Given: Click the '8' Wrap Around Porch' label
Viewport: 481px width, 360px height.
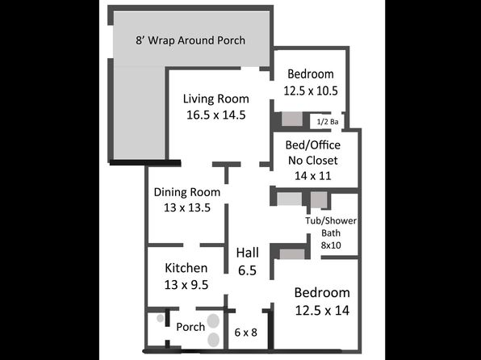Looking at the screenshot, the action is tap(190, 40).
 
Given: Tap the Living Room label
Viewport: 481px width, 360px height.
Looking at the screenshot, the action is tap(216, 98).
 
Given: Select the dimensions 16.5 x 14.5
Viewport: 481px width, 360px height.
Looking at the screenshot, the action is tap(216, 115).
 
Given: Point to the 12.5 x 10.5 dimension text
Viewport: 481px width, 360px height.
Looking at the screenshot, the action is tap(311, 91).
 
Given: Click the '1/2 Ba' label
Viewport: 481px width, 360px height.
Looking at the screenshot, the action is tap(328, 122).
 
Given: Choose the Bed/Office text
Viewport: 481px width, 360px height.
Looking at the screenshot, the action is tap(313, 144).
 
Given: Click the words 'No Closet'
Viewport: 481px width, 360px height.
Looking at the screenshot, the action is tap(313, 160).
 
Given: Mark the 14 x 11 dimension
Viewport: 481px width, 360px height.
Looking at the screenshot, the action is tap(313, 176).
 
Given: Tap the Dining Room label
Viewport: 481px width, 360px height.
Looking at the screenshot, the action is tap(186, 192).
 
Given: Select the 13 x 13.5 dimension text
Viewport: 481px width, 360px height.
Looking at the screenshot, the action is tap(186, 207).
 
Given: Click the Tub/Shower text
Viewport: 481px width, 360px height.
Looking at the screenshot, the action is tap(331, 220).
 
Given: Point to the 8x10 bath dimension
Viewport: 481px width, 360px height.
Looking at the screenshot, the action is tap(331, 245).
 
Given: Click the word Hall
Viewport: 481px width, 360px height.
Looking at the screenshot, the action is tap(248, 253).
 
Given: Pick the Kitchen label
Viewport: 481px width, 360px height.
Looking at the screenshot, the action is tap(186, 268).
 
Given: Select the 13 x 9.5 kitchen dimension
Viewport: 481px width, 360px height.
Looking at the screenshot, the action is tap(186, 285).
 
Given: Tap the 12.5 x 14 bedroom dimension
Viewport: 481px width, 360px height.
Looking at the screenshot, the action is tap(322, 311).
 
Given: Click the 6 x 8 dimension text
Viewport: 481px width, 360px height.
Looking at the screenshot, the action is tap(245, 333).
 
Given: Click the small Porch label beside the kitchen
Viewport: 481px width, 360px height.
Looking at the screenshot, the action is tap(190, 327).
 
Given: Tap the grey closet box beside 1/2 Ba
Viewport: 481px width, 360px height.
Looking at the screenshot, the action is tap(292, 119).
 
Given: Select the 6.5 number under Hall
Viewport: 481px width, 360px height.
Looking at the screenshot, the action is tap(247, 270).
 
